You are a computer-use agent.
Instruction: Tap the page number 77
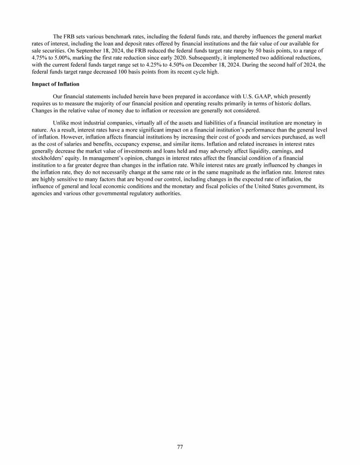click(x=180, y=446)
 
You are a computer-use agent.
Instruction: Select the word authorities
click(x=166, y=194)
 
